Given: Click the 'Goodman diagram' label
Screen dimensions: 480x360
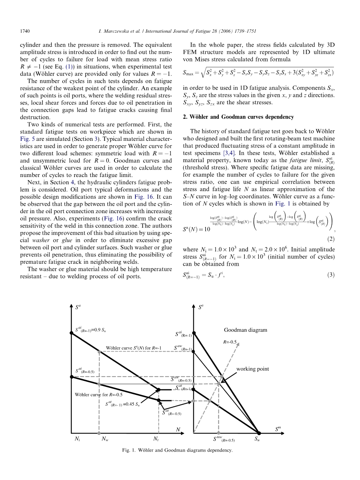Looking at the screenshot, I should tap(246, 330).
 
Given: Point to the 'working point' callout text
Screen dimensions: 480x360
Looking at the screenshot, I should tap(253, 369).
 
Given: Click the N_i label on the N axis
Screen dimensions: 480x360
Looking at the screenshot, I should tap(77, 439).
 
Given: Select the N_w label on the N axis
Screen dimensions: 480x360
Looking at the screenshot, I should tap(105, 439).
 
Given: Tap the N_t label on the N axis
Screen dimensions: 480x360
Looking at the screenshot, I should tap(156, 439).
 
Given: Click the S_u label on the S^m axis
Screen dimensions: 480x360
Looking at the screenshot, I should tap(257, 439).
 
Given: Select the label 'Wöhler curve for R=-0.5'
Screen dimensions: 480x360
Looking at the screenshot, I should tap(98, 394).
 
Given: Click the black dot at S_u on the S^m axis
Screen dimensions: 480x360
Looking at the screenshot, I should tap(259, 433).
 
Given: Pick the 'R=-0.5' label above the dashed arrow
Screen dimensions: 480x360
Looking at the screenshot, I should tap(230, 342).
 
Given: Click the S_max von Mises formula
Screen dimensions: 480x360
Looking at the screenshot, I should tap(258, 72).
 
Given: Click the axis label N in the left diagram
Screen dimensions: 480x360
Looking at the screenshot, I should tap(178, 429).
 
